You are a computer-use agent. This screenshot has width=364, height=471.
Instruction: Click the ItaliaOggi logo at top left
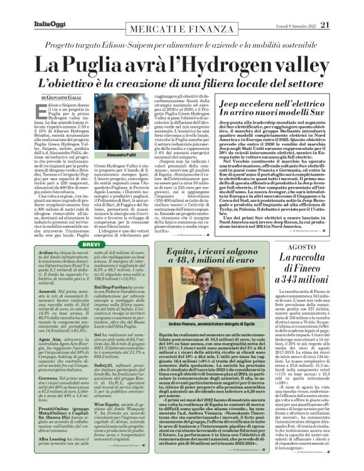pos(28,8)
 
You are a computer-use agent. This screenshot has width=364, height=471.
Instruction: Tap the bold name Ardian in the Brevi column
pos(48,253)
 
